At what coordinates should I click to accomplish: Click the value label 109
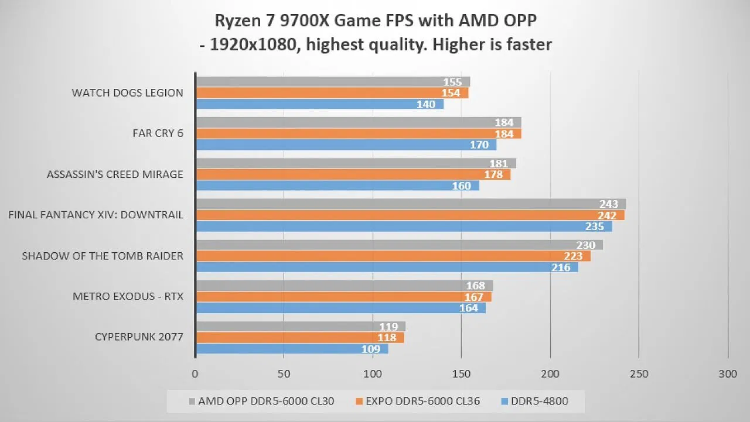373,349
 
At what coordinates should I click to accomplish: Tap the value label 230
586,245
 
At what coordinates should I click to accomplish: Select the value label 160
462,186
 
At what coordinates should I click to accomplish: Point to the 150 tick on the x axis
461,373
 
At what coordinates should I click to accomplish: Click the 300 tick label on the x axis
727,373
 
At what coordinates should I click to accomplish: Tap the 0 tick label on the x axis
195,373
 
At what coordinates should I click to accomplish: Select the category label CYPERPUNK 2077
139,337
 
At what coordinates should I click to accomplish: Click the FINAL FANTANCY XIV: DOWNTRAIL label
96,215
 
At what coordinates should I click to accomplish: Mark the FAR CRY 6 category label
158,133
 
